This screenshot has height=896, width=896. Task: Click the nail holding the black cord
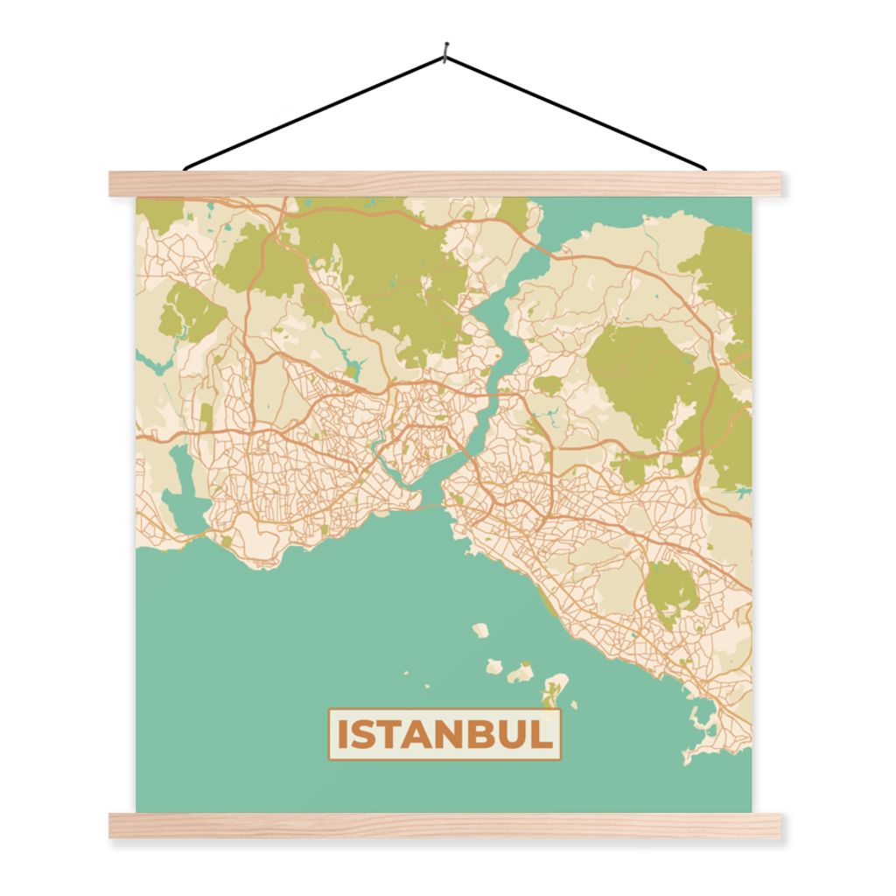coord(446,53)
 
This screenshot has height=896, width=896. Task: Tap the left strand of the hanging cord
coord(315,111)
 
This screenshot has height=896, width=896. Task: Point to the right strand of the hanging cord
coord(577,111)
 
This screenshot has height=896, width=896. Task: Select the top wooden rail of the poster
coord(446,184)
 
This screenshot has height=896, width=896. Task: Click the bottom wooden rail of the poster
coord(446,825)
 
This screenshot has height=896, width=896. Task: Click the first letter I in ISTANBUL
coord(343,735)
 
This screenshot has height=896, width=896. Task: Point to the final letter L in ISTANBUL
coord(544,735)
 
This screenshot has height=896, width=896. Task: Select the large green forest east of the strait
coord(639,376)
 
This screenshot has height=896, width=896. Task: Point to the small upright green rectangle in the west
coord(206,417)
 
